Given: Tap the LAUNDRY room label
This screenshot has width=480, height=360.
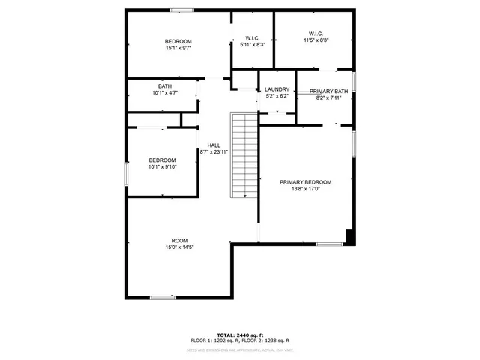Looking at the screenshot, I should point(277,89).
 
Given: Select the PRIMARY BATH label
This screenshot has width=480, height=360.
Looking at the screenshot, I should point(329,91).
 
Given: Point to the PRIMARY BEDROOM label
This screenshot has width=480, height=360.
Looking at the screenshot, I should point(305,182).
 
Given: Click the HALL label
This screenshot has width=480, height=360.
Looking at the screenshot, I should point(214,145).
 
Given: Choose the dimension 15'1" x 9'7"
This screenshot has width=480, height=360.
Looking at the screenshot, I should point(178,48).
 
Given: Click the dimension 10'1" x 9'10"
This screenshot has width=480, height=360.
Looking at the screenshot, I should point(162,167).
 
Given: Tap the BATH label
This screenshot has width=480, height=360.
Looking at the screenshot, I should point(164,86).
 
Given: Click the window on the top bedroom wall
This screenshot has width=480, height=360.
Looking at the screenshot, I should point(180,10).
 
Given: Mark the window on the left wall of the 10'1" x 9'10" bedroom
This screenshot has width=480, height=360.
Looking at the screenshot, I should point(127,173).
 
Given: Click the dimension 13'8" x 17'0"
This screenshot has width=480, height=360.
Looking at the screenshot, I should point(305,189).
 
